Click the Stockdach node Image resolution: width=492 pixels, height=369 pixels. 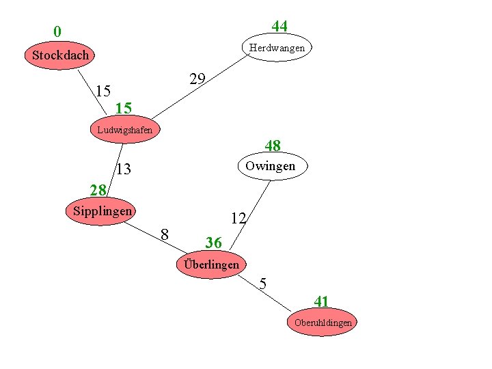[x=60, y=55]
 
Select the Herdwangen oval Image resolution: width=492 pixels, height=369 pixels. [x=277, y=48]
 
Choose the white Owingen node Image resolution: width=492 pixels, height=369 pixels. [x=271, y=166]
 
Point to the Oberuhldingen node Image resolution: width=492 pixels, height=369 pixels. [x=323, y=323]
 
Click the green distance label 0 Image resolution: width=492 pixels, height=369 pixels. [x=57, y=31]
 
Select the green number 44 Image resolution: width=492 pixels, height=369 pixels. [x=279, y=27]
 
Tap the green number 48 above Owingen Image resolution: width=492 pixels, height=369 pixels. [x=273, y=146]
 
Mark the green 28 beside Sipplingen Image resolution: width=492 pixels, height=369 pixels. [x=98, y=189]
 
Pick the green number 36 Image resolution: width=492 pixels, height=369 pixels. [x=213, y=243]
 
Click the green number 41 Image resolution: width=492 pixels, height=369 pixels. [x=321, y=301]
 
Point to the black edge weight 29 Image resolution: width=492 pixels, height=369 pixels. [x=197, y=79]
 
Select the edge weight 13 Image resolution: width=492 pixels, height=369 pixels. [x=123, y=169]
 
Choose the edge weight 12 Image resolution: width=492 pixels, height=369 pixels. [x=238, y=219]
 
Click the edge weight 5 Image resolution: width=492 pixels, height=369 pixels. [x=263, y=284]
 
